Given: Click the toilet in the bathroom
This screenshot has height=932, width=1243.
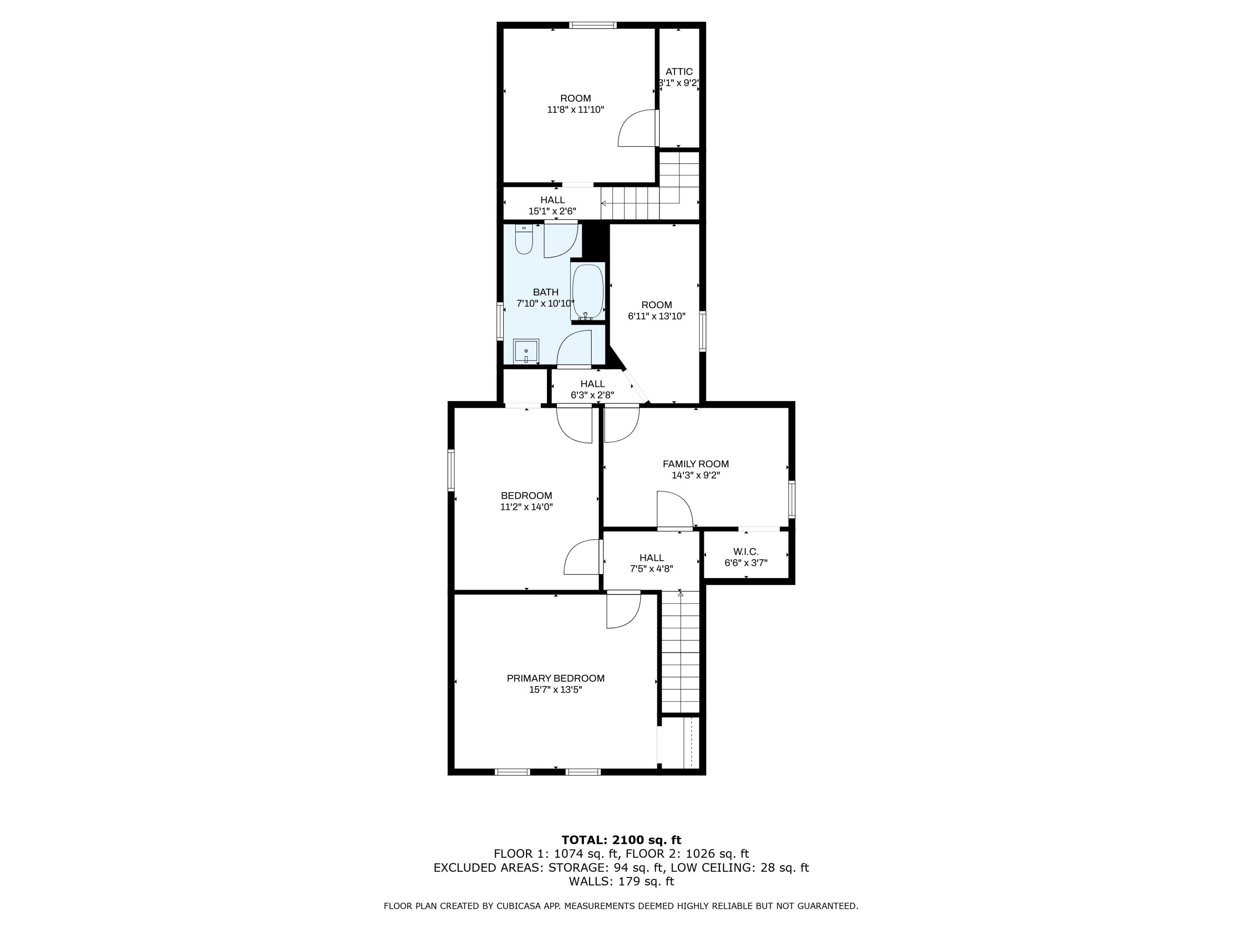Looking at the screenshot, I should [x=524, y=240].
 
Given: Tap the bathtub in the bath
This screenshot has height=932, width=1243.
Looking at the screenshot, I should [x=587, y=291].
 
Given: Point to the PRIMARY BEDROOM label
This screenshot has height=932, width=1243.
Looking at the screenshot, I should [x=555, y=678].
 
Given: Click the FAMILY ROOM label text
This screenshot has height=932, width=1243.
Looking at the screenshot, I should [x=695, y=464].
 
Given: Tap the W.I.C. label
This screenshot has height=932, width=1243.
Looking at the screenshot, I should [x=746, y=552].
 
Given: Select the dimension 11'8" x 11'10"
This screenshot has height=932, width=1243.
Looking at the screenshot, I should [x=576, y=109].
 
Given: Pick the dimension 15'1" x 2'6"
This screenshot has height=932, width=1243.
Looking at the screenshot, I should [x=552, y=211].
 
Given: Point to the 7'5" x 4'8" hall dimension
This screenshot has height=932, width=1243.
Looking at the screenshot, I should [x=651, y=569].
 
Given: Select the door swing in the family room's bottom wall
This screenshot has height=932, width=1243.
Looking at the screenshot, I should [x=674, y=509].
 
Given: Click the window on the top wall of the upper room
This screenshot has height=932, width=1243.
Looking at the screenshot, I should [x=593, y=25].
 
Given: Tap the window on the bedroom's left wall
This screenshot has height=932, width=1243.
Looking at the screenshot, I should [x=451, y=470].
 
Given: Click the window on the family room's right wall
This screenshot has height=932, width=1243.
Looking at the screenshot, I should [x=791, y=498].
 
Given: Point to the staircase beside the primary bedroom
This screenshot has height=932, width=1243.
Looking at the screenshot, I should [x=680, y=652].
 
